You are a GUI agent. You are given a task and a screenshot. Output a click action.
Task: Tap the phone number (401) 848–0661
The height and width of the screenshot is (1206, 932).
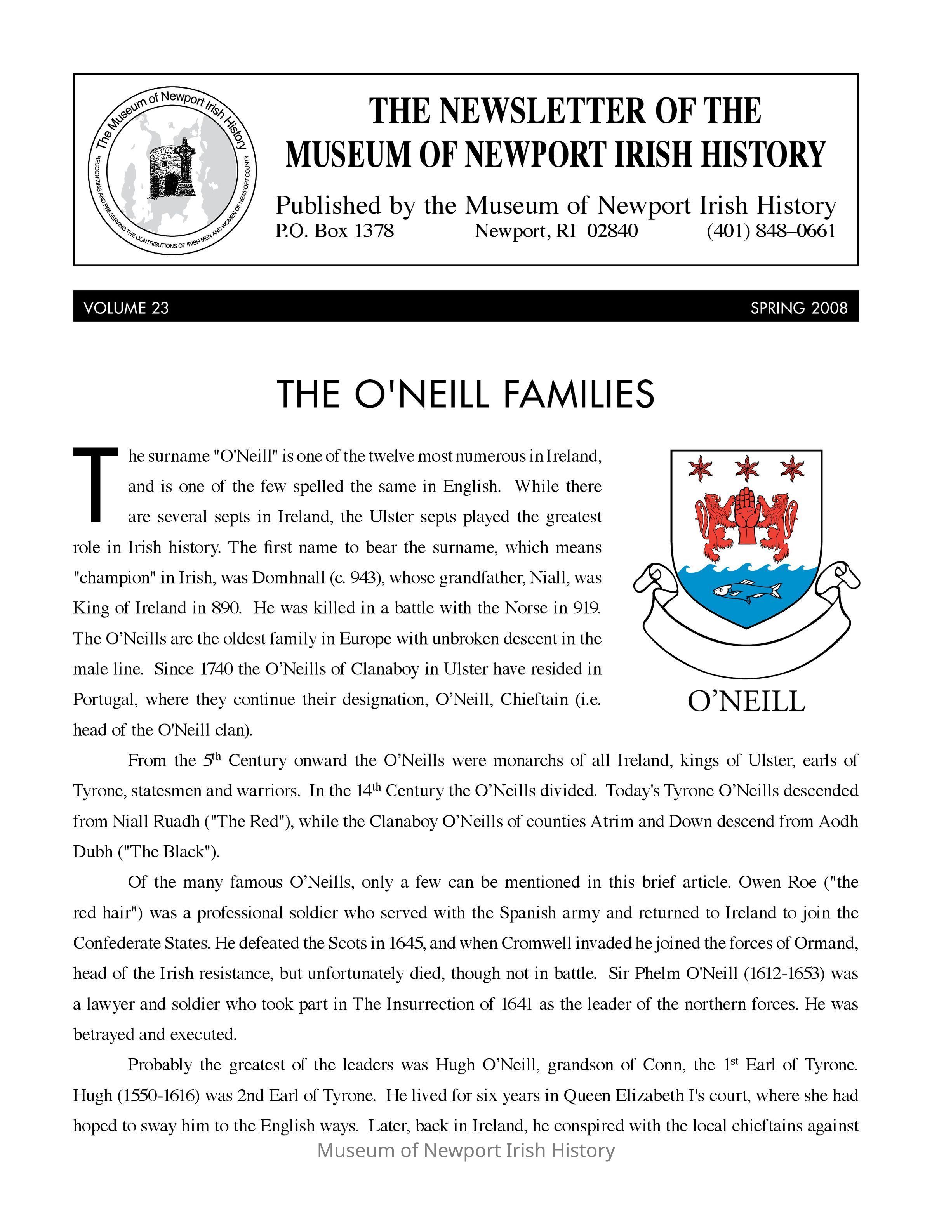click(771, 231)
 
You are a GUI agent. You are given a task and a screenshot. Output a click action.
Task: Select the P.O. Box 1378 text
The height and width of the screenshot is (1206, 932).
click(335, 231)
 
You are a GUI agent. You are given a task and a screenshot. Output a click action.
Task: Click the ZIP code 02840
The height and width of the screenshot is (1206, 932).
click(612, 231)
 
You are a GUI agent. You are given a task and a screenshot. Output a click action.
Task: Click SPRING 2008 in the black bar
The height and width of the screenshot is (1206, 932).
click(798, 308)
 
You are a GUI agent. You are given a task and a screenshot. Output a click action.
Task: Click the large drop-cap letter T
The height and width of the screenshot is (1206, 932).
click(96, 484)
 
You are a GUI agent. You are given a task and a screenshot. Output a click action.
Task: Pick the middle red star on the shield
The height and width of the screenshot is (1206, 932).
click(747, 468)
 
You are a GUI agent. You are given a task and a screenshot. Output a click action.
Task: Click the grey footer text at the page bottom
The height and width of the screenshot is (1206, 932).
click(466, 1150)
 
